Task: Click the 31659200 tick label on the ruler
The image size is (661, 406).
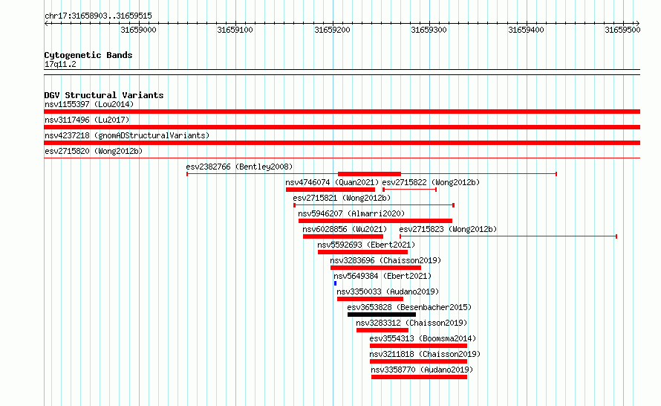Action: pyautogui.click(x=332, y=30)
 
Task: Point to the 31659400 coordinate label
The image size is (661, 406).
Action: pyautogui.click(x=526, y=30)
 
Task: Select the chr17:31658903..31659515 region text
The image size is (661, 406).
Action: pyautogui.click(x=98, y=16)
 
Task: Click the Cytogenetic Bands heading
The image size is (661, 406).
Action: pyautogui.click(x=88, y=55)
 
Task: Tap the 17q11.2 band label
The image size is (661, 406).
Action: pyautogui.click(x=60, y=64)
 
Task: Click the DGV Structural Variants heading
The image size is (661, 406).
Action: pyautogui.click(x=104, y=95)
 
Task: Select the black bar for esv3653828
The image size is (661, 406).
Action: pyautogui.click(x=382, y=315)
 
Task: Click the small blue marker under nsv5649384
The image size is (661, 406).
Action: pyautogui.click(x=335, y=283)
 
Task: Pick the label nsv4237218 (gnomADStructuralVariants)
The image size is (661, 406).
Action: pyautogui.click(x=127, y=135)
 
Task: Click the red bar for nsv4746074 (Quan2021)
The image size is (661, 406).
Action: pyautogui.click(x=330, y=190)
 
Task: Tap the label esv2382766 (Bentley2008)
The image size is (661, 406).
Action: pyautogui.click(x=239, y=167)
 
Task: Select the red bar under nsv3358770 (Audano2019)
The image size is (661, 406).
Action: pyautogui.click(x=419, y=377)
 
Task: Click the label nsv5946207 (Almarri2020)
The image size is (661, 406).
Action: pyautogui.click(x=351, y=213)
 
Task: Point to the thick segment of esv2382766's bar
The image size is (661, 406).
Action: pyautogui.click(x=369, y=174)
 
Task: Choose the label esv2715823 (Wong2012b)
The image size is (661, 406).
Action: pyautogui.click(x=448, y=229)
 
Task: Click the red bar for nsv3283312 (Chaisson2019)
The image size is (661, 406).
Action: pyautogui.click(x=382, y=330)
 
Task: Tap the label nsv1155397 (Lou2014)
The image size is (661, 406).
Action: pyautogui.click(x=89, y=104)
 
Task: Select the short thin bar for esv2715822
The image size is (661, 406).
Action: pyautogui.click(x=409, y=190)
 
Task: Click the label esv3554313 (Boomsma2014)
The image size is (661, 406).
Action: pyautogui.click(x=423, y=338)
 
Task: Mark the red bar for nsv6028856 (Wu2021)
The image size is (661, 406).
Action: pyautogui.click(x=342, y=236)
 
